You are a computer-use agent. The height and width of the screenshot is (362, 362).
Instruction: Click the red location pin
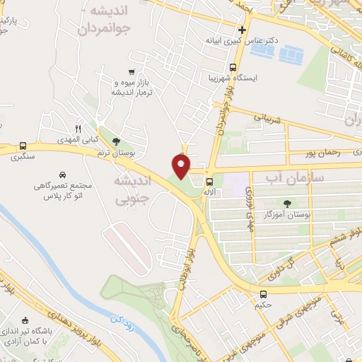(x=182, y=165)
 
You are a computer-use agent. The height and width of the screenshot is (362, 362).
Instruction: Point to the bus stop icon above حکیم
(x=263, y=295)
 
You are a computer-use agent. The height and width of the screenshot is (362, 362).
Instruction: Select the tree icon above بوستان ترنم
(x=116, y=141)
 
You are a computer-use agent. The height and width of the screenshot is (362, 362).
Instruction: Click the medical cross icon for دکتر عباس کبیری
(x=243, y=30)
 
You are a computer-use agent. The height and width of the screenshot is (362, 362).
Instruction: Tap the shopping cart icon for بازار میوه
(x=132, y=71)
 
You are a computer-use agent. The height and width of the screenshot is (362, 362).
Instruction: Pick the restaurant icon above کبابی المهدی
(x=78, y=129)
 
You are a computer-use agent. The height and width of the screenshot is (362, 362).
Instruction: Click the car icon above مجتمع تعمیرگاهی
(x=63, y=175)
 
